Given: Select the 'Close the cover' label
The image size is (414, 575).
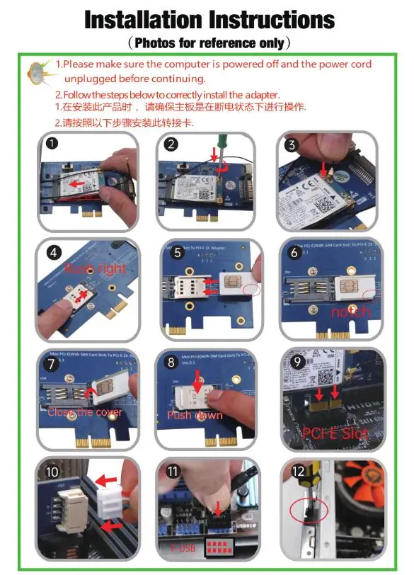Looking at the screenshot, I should pos(85,411).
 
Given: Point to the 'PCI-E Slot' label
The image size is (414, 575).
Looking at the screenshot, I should pos(335,433).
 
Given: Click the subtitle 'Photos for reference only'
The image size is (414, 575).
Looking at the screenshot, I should pos(207,43).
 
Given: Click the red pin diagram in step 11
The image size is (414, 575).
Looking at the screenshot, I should pos(224,545).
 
